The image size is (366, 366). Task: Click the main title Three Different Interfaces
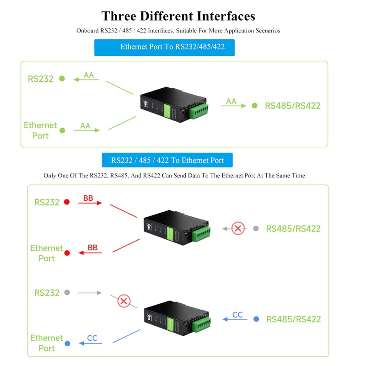pyautogui.click(x=178, y=16)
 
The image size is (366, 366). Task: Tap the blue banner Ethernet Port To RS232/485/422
pyautogui.click(x=164, y=47)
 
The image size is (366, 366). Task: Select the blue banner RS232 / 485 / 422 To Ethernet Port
pyautogui.click(x=167, y=160)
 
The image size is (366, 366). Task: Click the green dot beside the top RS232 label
pyautogui.click(x=62, y=79)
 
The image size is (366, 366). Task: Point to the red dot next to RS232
pyautogui.click(x=67, y=202)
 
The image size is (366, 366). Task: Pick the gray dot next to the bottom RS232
pyautogui.click(x=67, y=292)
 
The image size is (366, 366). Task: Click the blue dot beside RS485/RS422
pyautogui.click(x=256, y=319)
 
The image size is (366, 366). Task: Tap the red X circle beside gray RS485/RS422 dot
pyautogui.click(x=238, y=228)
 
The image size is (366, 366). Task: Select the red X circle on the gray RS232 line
pyautogui.click(x=123, y=301)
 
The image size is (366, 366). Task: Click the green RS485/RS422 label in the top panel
pyautogui.click(x=293, y=106)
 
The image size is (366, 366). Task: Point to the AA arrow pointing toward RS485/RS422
pyautogui.click(x=233, y=106)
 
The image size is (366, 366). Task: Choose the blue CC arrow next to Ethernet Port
pyautogui.click(x=91, y=343)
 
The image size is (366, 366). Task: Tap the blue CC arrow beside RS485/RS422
pyautogui.click(x=236, y=319)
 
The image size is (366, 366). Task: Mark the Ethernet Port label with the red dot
pyautogui.click(x=47, y=253)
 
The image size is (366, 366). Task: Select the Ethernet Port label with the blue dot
pyautogui.click(x=47, y=343)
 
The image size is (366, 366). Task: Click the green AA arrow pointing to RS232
pyautogui.click(x=87, y=79)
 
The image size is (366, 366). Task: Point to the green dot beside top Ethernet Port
pyautogui.click(x=62, y=130)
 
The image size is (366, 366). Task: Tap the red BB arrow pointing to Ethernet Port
pyautogui.click(x=90, y=252)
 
